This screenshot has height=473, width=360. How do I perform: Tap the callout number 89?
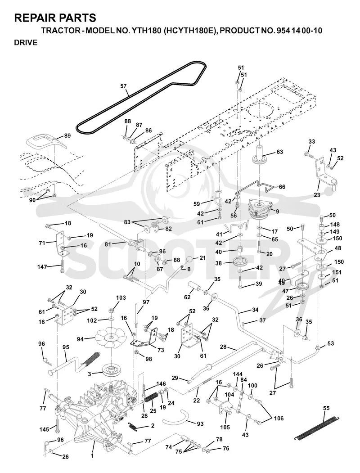pos(67,136)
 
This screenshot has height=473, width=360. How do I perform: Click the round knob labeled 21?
pos(189,260)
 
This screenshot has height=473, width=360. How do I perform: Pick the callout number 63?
pos(279,151)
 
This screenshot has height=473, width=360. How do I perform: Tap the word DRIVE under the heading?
pos(26,43)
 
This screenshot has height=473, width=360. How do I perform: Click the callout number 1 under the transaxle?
pos(92,456)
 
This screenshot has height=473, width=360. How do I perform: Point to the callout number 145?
pos(44,429)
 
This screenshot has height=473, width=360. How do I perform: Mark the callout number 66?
pos(282,187)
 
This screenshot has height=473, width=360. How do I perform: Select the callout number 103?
pos(121,298)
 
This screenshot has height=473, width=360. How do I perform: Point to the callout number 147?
pos(42,267)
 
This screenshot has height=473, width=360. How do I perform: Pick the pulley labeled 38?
pos(242,262)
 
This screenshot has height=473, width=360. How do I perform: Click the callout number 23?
pos(317,195)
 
